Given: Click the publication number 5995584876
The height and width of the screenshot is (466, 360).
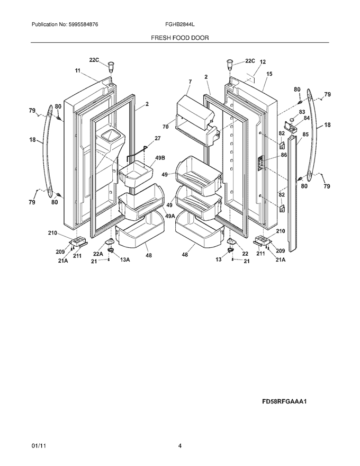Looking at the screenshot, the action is pyautogui.click(x=79, y=25).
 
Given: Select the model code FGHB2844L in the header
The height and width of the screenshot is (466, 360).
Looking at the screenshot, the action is pyautogui.click(x=179, y=25).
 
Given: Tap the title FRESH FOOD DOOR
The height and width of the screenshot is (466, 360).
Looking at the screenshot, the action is pyautogui.click(x=179, y=38).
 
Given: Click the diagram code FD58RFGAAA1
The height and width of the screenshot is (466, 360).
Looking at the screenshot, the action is pyautogui.click(x=284, y=401).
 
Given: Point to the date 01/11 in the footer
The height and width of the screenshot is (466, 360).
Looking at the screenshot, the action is pyautogui.click(x=37, y=446).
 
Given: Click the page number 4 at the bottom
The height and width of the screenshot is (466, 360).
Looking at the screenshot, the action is pyautogui.click(x=179, y=446).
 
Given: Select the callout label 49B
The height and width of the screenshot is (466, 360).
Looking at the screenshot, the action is pyautogui.click(x=160, y=158).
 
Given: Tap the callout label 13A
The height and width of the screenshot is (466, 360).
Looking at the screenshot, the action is pyautogui.click(x=125, y=260).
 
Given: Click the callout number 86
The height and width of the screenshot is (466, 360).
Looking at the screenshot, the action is pyautogui.click(x=284, y=155).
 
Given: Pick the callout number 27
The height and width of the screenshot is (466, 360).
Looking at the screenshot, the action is pyautogui.click(x=157, y=138).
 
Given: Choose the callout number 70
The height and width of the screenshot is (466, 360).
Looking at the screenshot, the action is pyautogui.click(x=166, y=127).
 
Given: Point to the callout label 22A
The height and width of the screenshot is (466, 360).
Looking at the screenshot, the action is pyautogui.click(x=98, y=254).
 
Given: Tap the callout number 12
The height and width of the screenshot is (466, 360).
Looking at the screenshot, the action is pyautogui.click(x=263, y=62).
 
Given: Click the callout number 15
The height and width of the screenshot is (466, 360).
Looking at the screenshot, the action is pyautogui.click(x=269, y=74).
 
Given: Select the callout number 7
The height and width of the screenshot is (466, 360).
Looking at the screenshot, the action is pyautogui.click(x=190, y=82).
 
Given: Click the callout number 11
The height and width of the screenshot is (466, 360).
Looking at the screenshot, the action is pyautogui.click(x=77, y=70).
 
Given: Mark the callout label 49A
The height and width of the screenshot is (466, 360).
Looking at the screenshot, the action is pyautogui.click(x=170, y=217).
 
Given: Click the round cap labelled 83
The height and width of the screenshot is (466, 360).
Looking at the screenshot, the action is pyautogui.click(x=293, y=119).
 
